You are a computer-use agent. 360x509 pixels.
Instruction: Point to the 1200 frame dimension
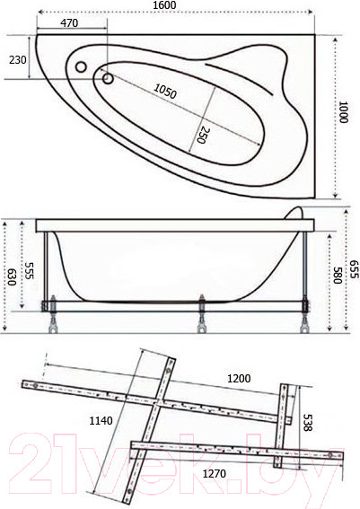237,378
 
